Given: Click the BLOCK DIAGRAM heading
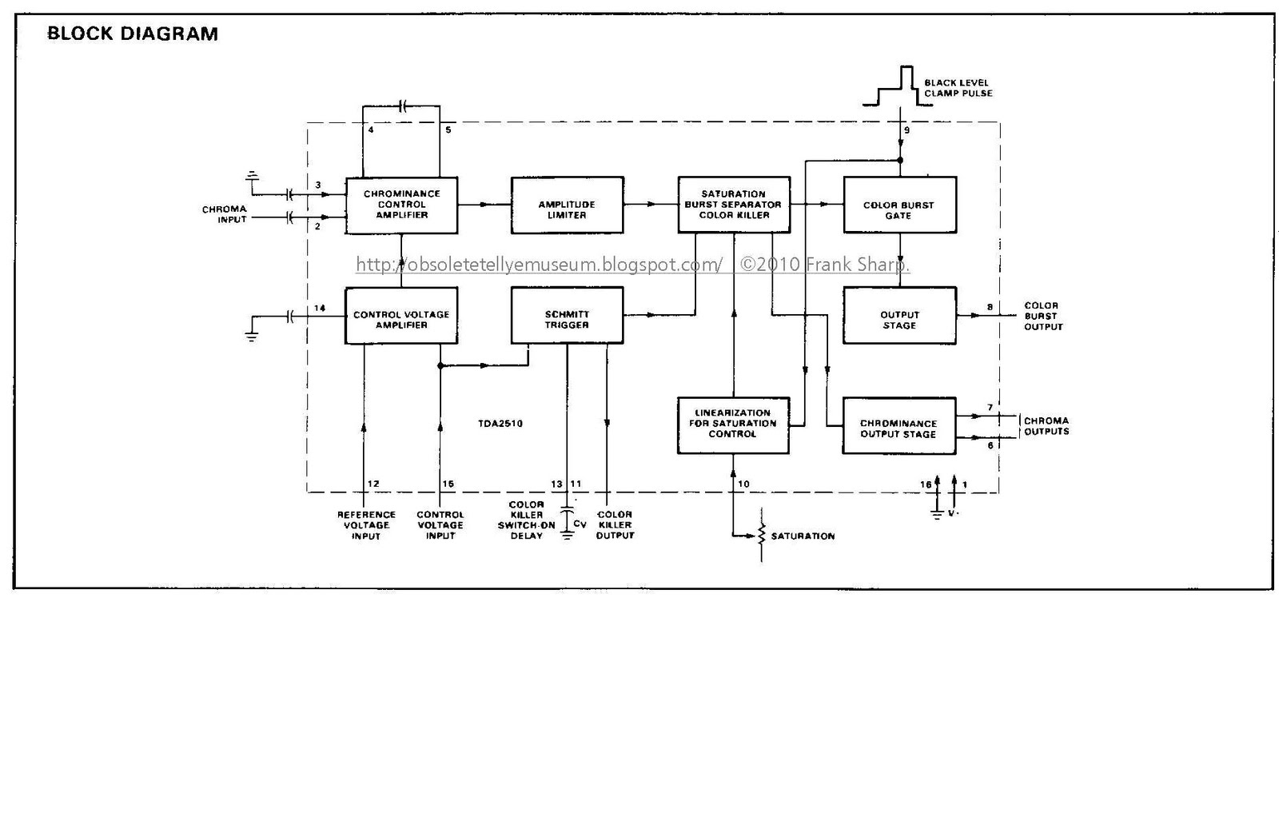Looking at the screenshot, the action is coord(133,34).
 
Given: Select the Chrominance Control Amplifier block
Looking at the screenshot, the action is coord(401,205).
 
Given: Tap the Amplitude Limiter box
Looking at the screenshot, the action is coord(567,205).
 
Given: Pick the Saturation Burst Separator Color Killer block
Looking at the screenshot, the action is coord(734,205).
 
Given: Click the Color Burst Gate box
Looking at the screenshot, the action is coord(900,205).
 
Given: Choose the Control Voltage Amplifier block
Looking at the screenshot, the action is coord(401,315).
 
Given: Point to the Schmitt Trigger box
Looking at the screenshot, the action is coord(567,315).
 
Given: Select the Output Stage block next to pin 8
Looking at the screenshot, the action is coord(899,315).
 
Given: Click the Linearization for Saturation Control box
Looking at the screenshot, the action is coord(733,425).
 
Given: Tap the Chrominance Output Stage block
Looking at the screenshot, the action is coord(898,425).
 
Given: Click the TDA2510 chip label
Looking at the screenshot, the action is coord(500,424).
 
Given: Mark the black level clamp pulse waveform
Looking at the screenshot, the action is coord(897,86).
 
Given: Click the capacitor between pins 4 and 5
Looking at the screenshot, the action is coord(402,106).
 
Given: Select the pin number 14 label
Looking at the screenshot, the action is coord(319,309).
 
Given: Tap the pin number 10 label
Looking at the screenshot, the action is coord(743,484).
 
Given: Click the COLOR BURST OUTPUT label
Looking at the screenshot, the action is coord(1043,317).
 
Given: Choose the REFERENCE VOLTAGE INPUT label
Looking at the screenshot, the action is coord(366,525).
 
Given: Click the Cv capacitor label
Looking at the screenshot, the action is coord(580,524).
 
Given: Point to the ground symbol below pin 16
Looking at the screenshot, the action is coord(937,513).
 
